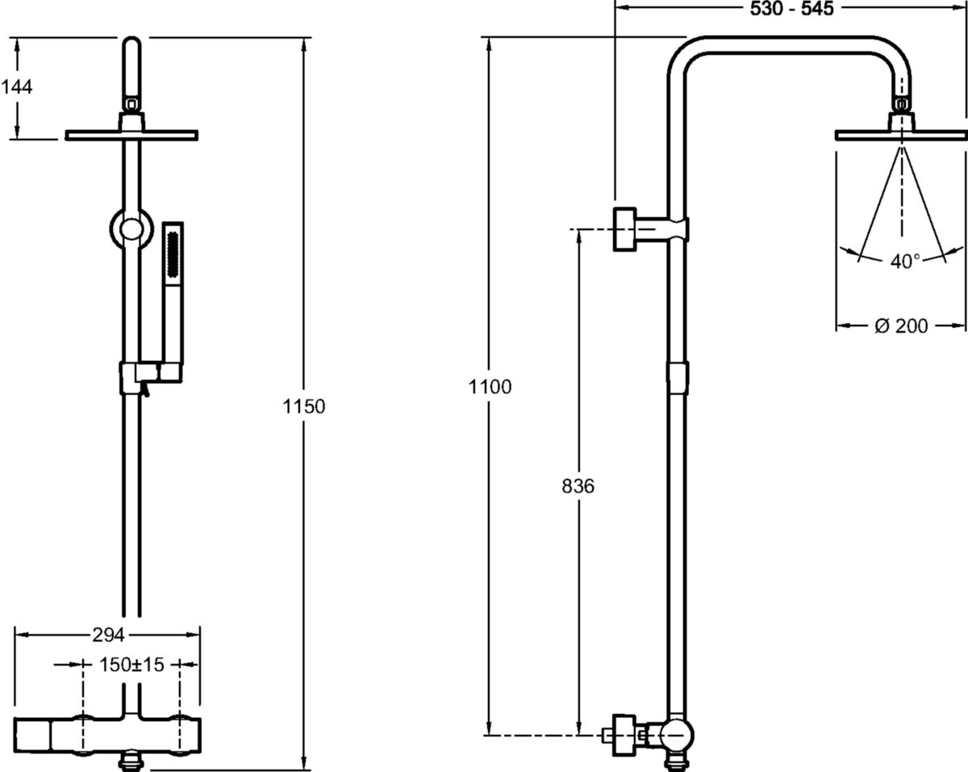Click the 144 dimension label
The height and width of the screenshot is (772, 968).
click(x=17, y=87)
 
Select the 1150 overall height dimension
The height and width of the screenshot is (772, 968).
click(x=303, y=407)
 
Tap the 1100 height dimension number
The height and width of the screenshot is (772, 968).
click(x=490, y=387)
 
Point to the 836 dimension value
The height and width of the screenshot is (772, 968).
click(x=578, y=486)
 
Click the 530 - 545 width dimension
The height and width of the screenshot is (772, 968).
click(x=791, y=9)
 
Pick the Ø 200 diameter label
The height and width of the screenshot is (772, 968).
click(x=901, y=326)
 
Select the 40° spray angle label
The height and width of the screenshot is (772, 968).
click(x=905, y=262)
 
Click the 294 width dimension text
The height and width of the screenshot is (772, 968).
click(x=108, y=635)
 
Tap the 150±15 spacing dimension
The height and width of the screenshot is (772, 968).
click(x=131, y=665)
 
